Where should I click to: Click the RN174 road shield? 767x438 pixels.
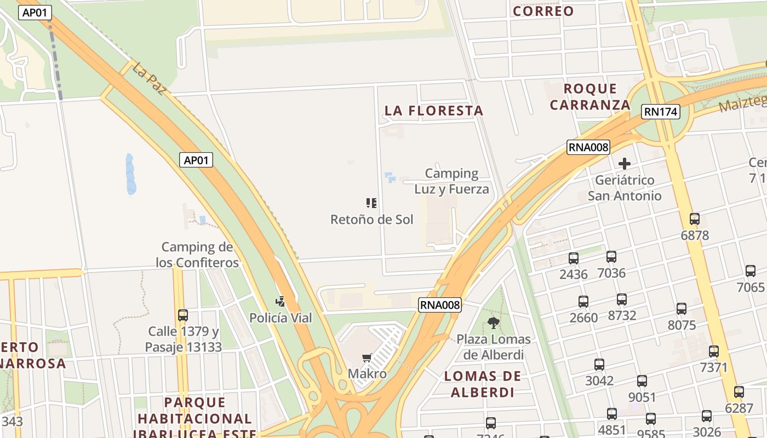(661, 112)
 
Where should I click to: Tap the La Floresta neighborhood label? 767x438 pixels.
(434, 111)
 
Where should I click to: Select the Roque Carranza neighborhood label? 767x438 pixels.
(591, 97)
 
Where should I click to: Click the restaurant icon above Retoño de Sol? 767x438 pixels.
(371, 203)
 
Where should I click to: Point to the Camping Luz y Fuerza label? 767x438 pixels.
(451, 181)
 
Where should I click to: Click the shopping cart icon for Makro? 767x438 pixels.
(367, 358)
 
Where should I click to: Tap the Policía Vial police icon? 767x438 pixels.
(281, 301)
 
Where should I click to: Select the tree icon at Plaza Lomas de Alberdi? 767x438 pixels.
(494, 322)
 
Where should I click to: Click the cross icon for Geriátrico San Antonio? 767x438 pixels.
(624, 163)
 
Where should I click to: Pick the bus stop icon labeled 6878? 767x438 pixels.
(695, 219)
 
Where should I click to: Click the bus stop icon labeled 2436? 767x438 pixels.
(574, 258)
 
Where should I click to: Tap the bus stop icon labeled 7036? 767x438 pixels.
(611, 256)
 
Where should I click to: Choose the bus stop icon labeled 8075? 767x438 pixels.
(682, 309)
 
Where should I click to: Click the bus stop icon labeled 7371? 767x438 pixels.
(714, 351)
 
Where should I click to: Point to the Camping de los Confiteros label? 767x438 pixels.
(197, 255)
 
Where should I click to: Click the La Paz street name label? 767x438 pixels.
(148, 78)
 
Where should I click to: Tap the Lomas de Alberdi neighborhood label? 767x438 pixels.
(483, 384)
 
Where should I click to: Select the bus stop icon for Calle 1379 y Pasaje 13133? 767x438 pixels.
(183, 315)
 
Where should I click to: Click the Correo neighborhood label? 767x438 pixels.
(543, 11)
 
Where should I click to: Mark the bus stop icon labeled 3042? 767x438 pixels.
(599, 365)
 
